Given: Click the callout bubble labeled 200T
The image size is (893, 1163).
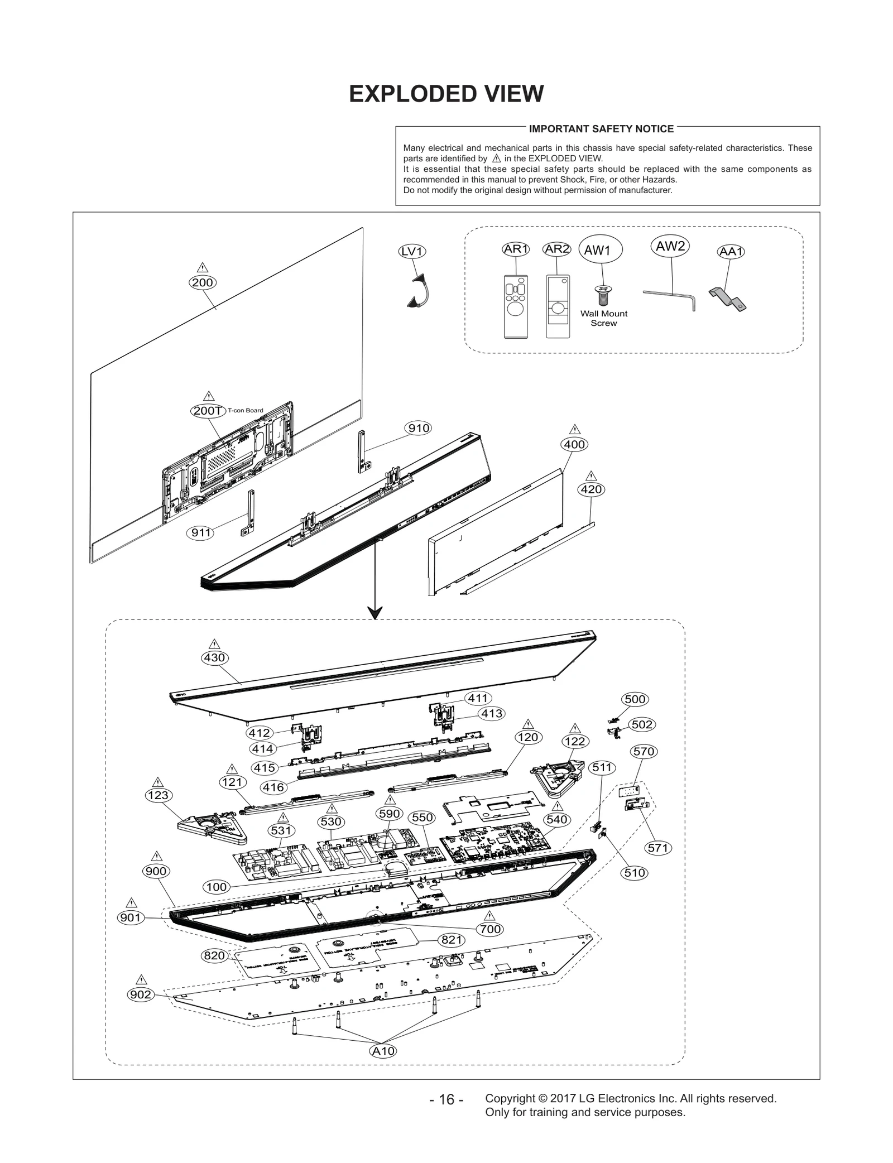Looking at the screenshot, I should click(208, 411).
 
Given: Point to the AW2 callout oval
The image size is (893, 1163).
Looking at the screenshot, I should click(670, 246).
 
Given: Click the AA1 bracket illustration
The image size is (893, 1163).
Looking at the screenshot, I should click(728, 299).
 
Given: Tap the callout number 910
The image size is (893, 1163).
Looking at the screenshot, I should click(419, 428).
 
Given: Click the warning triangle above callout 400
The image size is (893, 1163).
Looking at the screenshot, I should click(574, 430).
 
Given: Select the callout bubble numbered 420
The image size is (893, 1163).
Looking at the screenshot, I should click(591, 489).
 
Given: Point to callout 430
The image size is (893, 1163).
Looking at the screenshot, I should click(214, 657).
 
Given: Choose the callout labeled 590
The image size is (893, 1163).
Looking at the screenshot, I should click(390, 814).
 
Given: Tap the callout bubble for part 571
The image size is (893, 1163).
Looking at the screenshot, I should click(658, 848).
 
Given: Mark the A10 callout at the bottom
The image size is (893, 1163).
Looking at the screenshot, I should click(383, 1051).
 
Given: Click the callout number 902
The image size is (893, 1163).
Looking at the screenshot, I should click(141, 994).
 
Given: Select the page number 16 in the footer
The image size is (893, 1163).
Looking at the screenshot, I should click(446, 1099).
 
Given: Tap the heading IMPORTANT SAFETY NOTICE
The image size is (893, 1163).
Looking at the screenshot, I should click(601, 129).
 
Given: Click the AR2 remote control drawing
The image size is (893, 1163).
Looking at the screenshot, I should click(558, 306).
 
